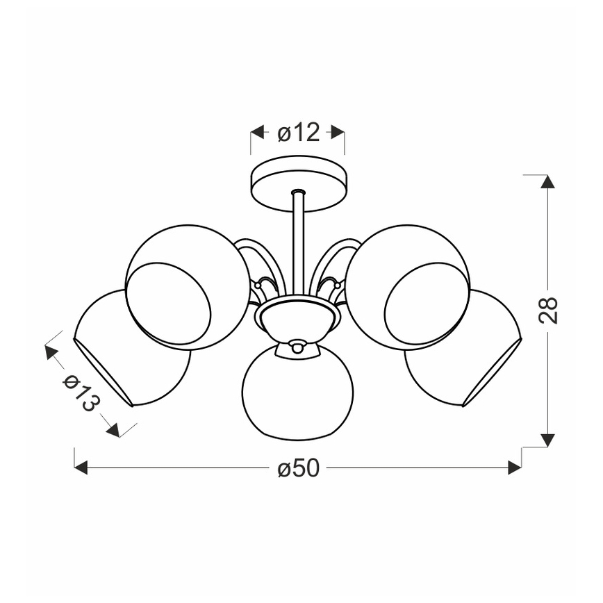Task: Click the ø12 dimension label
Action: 299,132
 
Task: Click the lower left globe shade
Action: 132,347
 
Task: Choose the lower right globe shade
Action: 464,347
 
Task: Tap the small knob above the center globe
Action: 298,346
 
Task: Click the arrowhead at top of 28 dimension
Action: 547,182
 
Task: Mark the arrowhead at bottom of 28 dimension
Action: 547,440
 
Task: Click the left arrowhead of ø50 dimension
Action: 81,468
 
